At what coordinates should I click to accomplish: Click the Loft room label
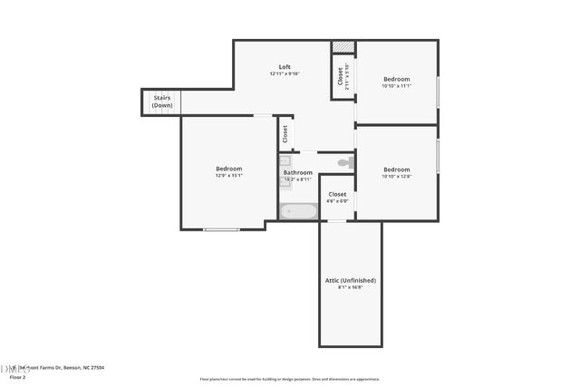[x=285, y=67]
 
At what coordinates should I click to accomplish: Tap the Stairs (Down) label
[x=161, y=102]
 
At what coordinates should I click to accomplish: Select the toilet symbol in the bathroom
[x=344, y=163]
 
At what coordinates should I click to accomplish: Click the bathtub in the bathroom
[x=298, y=212]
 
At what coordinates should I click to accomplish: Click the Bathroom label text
[x=298, y=172]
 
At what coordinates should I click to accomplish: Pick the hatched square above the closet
[x=342, y=47]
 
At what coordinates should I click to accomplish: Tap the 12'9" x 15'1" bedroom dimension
[x=228, y=176]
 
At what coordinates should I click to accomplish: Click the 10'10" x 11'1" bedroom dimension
[x=396, y=86]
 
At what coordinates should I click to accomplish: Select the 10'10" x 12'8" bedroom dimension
[x=396, y=177]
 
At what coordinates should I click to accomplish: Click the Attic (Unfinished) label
[x=350, y=280]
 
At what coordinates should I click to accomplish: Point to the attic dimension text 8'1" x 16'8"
[x=350, y=287]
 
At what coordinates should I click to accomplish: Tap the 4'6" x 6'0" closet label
[x=337, y=200]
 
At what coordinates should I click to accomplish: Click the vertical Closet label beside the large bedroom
[x=285, y=134]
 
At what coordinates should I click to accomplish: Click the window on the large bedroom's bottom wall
[x=221, y=229]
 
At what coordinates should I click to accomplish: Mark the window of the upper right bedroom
[x=439, y=92]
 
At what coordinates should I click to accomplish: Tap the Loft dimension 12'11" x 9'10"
[x=285, y=74]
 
